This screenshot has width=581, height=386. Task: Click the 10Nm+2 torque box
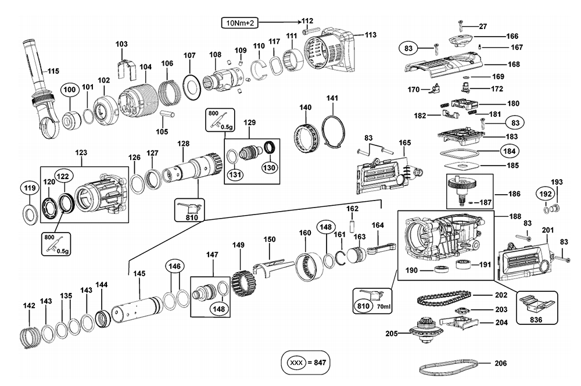click(240, 23)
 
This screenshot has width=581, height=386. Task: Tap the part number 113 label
click(371, 35)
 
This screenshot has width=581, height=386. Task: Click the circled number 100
click(70, 90)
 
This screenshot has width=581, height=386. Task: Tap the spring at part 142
click(29, 337)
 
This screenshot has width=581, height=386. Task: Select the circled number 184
click(510, 151)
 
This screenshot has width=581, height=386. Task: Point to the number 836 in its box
click(536, 320)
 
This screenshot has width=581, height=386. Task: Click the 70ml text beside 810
click(384, 307)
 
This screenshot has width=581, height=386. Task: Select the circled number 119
click(30, 188)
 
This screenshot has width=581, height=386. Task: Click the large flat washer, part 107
click(192, 88)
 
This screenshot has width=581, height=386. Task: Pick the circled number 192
click(546, 194)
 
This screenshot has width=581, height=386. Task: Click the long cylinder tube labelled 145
click(137, 309)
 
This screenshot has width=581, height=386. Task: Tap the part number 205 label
click(392, 333)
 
